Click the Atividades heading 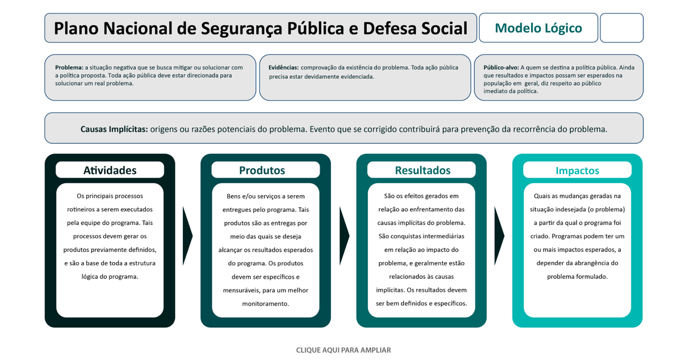(110, 170)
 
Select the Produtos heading (262, 170)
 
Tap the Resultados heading (422, 170)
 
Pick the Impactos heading (577, 171)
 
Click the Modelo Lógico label (538, 28)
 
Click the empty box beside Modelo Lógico (621, 28)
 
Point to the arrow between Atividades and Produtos (187, 236)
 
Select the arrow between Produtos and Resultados (344, 236)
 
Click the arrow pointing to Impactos (499, 236)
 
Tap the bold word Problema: (69, 67)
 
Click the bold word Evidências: (283, 67)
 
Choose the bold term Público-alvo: (501, 67)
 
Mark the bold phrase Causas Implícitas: (114, 129)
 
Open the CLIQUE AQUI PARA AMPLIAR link (343, 350)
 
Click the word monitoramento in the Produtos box (266, 304)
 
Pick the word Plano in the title (76, 28)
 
